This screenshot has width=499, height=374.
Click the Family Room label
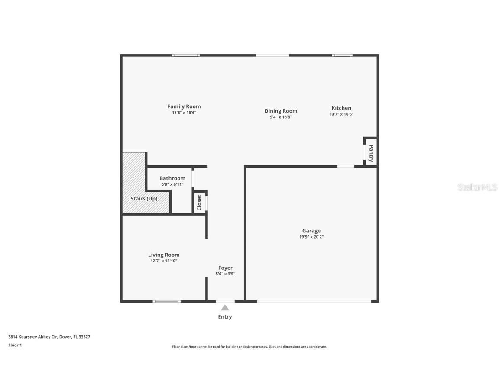click(184, 106)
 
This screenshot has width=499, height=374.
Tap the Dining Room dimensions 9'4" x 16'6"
click(281, 117)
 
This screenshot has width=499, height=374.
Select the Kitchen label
click(341, 108)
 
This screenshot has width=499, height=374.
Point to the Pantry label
click(371, 153)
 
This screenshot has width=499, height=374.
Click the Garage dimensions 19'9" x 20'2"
click(311, 237)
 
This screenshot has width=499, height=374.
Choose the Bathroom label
click(172, 178)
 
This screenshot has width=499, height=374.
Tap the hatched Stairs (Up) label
click(144, 199)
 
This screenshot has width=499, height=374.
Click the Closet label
click(199, 203)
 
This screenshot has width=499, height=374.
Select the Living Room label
click(164, 255)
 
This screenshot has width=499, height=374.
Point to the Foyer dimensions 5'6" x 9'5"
click(225, 274)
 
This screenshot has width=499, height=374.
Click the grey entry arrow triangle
click(225, 308)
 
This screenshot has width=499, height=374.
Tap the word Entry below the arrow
click(225, 317)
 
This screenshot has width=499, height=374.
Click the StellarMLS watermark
click(477, 187)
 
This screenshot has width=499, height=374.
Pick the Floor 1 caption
click(15, 345)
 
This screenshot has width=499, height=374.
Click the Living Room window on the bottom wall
click(167, 301)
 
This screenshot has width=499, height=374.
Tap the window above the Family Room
click(186, 55)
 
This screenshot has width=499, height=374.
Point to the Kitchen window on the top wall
click(342, 55)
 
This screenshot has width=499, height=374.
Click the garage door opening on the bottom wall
click(314, 301)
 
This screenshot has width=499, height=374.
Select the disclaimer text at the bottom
click(249, 347)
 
